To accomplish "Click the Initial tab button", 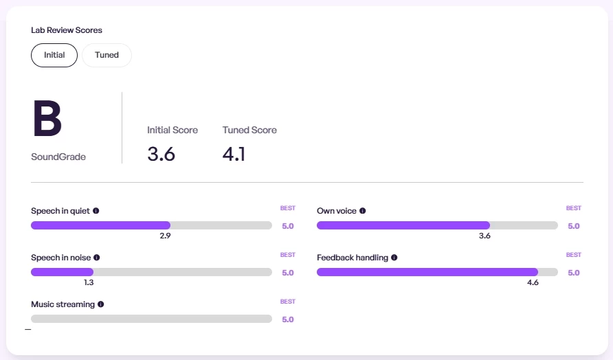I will pyautogui.click(x=54, y=55).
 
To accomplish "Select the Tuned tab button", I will pyautogui.click(x=107, y=55).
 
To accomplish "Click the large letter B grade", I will pyautogui.click(x=47, y=120).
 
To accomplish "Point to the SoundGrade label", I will pyautogui.click(x=58, y=157).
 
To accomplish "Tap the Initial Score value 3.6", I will pyautogui.click(x=161, y=154).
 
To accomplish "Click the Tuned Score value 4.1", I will pyautogui.click(x=234, y=154).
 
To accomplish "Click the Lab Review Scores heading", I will pyautogui.click(x=67, y=30).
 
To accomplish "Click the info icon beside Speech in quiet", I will pyautogui.click(x=96, y=211).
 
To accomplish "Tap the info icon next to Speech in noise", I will pyautogui.click(x=97, y=258).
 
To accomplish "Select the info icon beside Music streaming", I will pyautogui.click(x=101, y=304).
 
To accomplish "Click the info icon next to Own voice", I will pyautogui.click(x=363, y=211).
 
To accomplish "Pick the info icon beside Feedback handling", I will pyautogui.click(x=394, y=258).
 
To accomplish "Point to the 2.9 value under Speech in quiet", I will pyautogui.click(x=165, y=236).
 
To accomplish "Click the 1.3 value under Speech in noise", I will pyautogui.click(x=89, y=282).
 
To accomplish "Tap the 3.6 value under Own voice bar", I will pyautogui.click(x=484, y=236).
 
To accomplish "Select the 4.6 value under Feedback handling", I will pyautogui.click(x=533, y=282).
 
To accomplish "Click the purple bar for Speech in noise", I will pyautogui.click(x=62, y=272).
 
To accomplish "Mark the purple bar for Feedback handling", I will pyautogui.click(x=427, y=272).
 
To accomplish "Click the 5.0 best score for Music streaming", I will pyautogui.click(x=288, y=319).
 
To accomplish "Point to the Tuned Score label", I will pyautogui.click(x=249, y=130).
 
